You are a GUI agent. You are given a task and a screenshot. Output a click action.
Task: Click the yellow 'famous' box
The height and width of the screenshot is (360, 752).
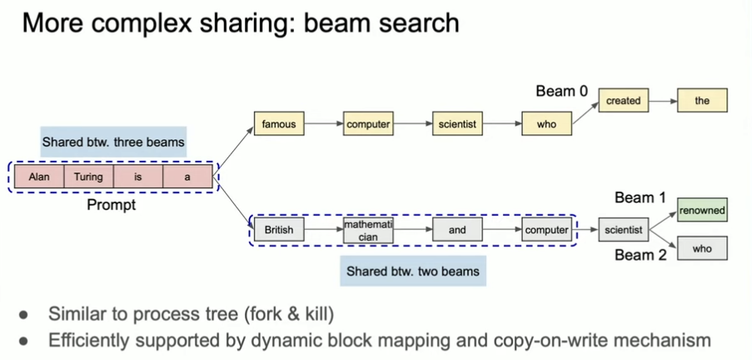click(x=279, y=124)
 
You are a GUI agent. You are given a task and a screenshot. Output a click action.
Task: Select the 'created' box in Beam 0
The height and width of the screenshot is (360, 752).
click(x=623, y=101)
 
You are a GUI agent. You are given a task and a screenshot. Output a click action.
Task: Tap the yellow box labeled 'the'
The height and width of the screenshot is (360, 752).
click(x=702, y=101)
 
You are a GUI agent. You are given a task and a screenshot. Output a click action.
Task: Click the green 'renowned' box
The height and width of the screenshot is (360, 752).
click(x=702, y=210)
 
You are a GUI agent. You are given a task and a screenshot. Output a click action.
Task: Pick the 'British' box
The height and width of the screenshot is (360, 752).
click(x=279, y=229)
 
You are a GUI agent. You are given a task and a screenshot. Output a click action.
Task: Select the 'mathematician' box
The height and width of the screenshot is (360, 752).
click(x=367, y=230)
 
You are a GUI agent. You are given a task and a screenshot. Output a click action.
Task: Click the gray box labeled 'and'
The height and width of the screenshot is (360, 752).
click(x=457, y=229)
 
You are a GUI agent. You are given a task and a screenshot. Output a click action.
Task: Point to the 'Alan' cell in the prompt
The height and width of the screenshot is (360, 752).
click(x=39, y=177)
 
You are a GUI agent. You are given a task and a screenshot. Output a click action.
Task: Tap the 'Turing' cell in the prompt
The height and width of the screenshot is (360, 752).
click(x=88, y=177)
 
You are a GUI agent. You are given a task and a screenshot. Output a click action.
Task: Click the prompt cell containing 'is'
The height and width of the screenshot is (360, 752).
click(x=137, y=177)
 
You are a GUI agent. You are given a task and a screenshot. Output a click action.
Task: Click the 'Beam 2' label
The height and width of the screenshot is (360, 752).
click(x=640, y=255)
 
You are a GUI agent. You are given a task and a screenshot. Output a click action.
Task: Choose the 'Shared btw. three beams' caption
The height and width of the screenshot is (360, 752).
click(x=114, y=141)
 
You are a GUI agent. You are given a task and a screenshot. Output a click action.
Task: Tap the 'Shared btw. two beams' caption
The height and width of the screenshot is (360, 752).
click(x=414, y=271)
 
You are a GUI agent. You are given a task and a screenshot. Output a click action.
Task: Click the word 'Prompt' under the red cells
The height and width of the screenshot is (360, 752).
click(x=111, y=204)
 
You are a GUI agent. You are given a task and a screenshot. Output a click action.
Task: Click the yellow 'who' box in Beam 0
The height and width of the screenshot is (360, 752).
click(x=546, y=124)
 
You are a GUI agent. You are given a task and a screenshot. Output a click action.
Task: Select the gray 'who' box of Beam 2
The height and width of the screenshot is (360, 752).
click(x=702, y=248)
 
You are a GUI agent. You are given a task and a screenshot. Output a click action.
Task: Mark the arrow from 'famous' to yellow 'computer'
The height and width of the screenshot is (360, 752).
click(x=323, y=124)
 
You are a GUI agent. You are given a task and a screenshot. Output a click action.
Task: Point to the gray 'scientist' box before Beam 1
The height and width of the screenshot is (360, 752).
click(x=623, y=229)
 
